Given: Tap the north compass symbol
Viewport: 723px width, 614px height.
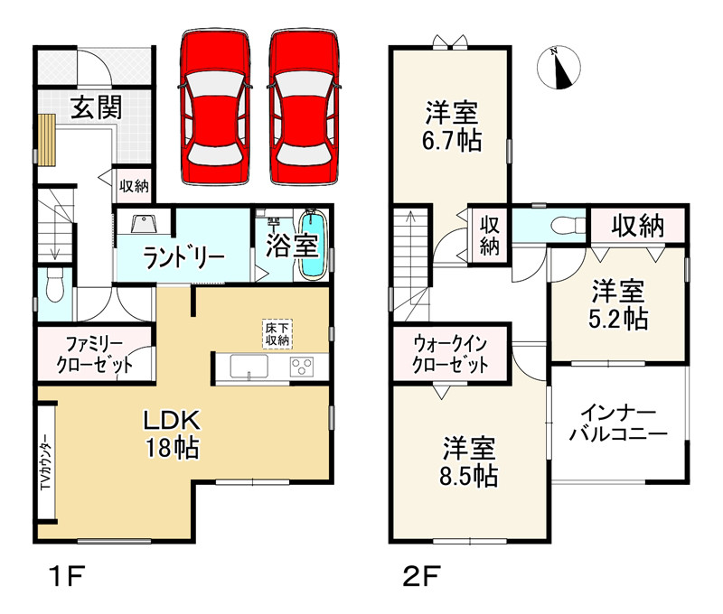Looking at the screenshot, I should tap(561, 69).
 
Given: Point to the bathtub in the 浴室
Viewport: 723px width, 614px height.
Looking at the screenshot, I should tap(312, 245).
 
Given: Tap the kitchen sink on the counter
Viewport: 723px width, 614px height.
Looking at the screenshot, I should tap(249, 367).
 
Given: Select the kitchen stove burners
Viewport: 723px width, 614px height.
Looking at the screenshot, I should tap(300, 367).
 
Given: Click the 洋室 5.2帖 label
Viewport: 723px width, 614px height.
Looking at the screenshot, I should tap(619, 304).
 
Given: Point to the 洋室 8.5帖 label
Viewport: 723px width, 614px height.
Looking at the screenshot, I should tap(470, 461).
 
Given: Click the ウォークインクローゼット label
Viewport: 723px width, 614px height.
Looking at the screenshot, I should tap(451, 354).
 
